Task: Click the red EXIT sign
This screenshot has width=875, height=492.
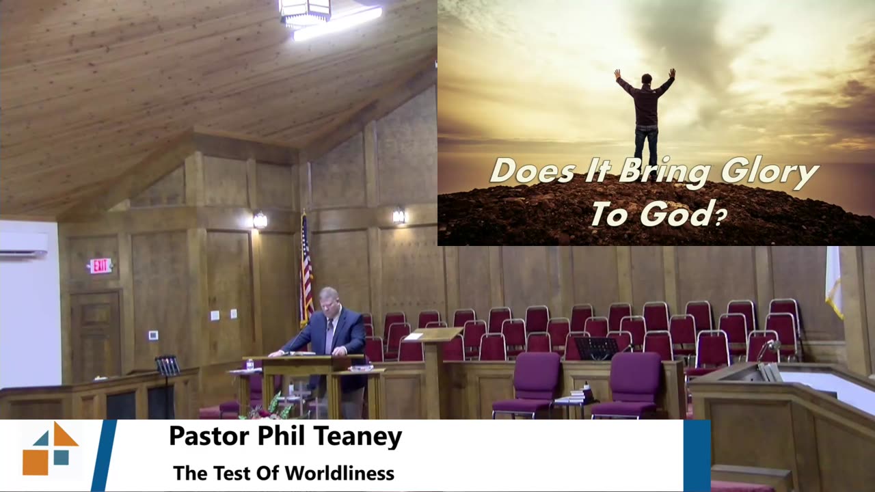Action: pyautogui.click(x=100, y=266)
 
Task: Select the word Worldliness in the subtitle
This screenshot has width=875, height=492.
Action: pyautogui.click(x=340, y=474)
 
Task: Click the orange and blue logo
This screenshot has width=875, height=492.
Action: pyautogui.click(x=51, y=448)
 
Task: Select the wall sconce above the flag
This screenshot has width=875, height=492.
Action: pyautogui.click(x=260, y=220)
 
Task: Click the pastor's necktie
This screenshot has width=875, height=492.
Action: pyautogui.click(x=330, y=335)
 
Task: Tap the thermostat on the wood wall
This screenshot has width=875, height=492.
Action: pyautogui.click(x=153, y=335)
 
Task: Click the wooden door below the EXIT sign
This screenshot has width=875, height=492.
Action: pyautogui.click(x=96, y=335)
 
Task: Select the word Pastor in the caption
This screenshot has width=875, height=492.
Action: pyautogui.click(x=209, y=437)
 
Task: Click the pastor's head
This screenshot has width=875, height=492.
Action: pyautogui.click(x=329, y=299)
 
